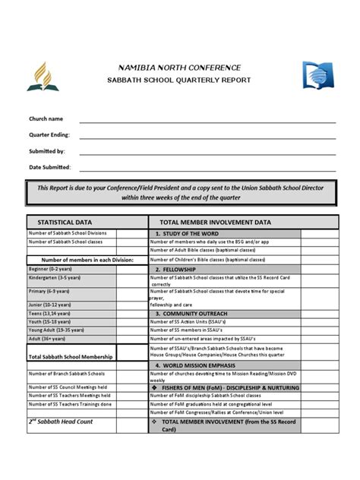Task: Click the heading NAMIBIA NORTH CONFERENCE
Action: (x=179, y=68)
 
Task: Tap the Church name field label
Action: (x=46, y=119)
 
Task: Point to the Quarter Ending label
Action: (x=49, y=135)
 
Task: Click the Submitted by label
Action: (x=47, y=151)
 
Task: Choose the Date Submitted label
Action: (x=50, y=167)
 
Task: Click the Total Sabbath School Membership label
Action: (x=71, y=356)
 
